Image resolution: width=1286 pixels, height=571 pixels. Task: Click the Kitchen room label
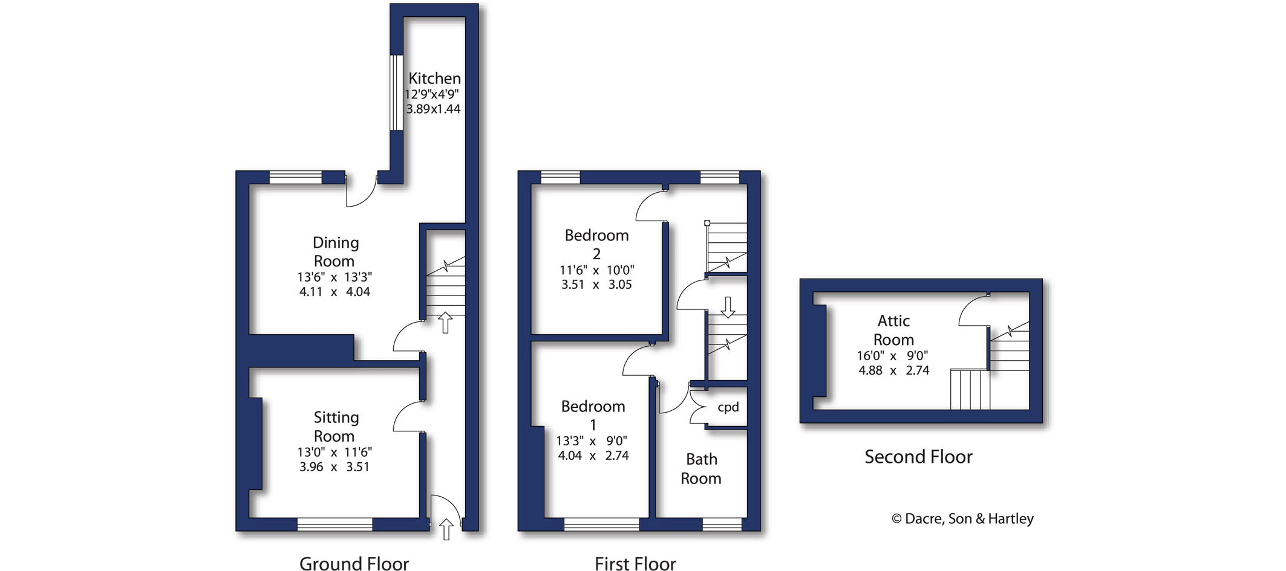pos(434,79)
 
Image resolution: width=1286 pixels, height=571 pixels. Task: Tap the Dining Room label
pos(335,251)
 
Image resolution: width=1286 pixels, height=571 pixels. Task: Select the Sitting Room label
pos(335,427)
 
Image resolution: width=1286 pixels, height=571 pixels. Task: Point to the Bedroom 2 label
pos(596,244)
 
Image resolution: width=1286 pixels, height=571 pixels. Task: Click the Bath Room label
pos(701,469)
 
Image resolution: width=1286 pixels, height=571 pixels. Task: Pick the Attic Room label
pos(893,330)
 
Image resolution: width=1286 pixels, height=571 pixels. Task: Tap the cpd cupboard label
pos(728,407)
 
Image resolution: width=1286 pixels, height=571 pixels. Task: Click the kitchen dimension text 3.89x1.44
pos(433,109)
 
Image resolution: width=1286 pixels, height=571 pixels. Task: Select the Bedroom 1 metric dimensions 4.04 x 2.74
pos(593,456)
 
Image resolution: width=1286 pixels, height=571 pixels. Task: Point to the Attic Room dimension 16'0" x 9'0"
pos(892,356)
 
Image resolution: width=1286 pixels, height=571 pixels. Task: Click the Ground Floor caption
pos(354,563)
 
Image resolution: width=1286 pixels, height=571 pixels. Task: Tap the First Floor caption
pos(635,563)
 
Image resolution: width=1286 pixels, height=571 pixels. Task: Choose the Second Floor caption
pos(918,457)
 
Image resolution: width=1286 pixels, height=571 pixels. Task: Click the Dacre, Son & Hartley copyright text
pos(962,518)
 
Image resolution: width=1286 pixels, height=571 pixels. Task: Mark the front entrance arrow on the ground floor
pos(446,529)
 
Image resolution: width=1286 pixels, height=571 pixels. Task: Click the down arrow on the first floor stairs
pos(728,307)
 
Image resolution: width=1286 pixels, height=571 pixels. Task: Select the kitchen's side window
pos(396,92)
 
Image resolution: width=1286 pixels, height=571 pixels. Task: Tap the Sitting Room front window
pos(335,524)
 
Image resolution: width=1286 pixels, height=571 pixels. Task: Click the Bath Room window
pos(722,524)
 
